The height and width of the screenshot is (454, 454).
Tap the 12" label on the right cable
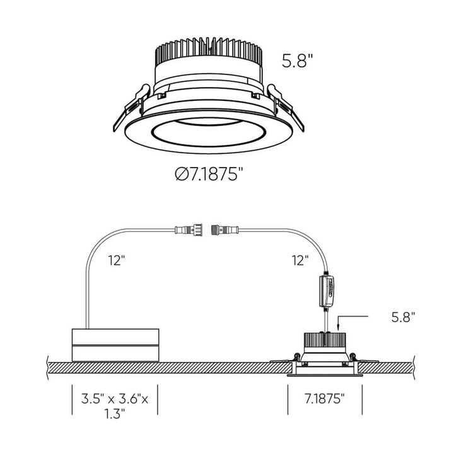tap(300, 259)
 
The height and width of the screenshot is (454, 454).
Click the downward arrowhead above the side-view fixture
tap(339, 327)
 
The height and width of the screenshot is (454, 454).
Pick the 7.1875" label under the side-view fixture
tap(325, 399)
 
